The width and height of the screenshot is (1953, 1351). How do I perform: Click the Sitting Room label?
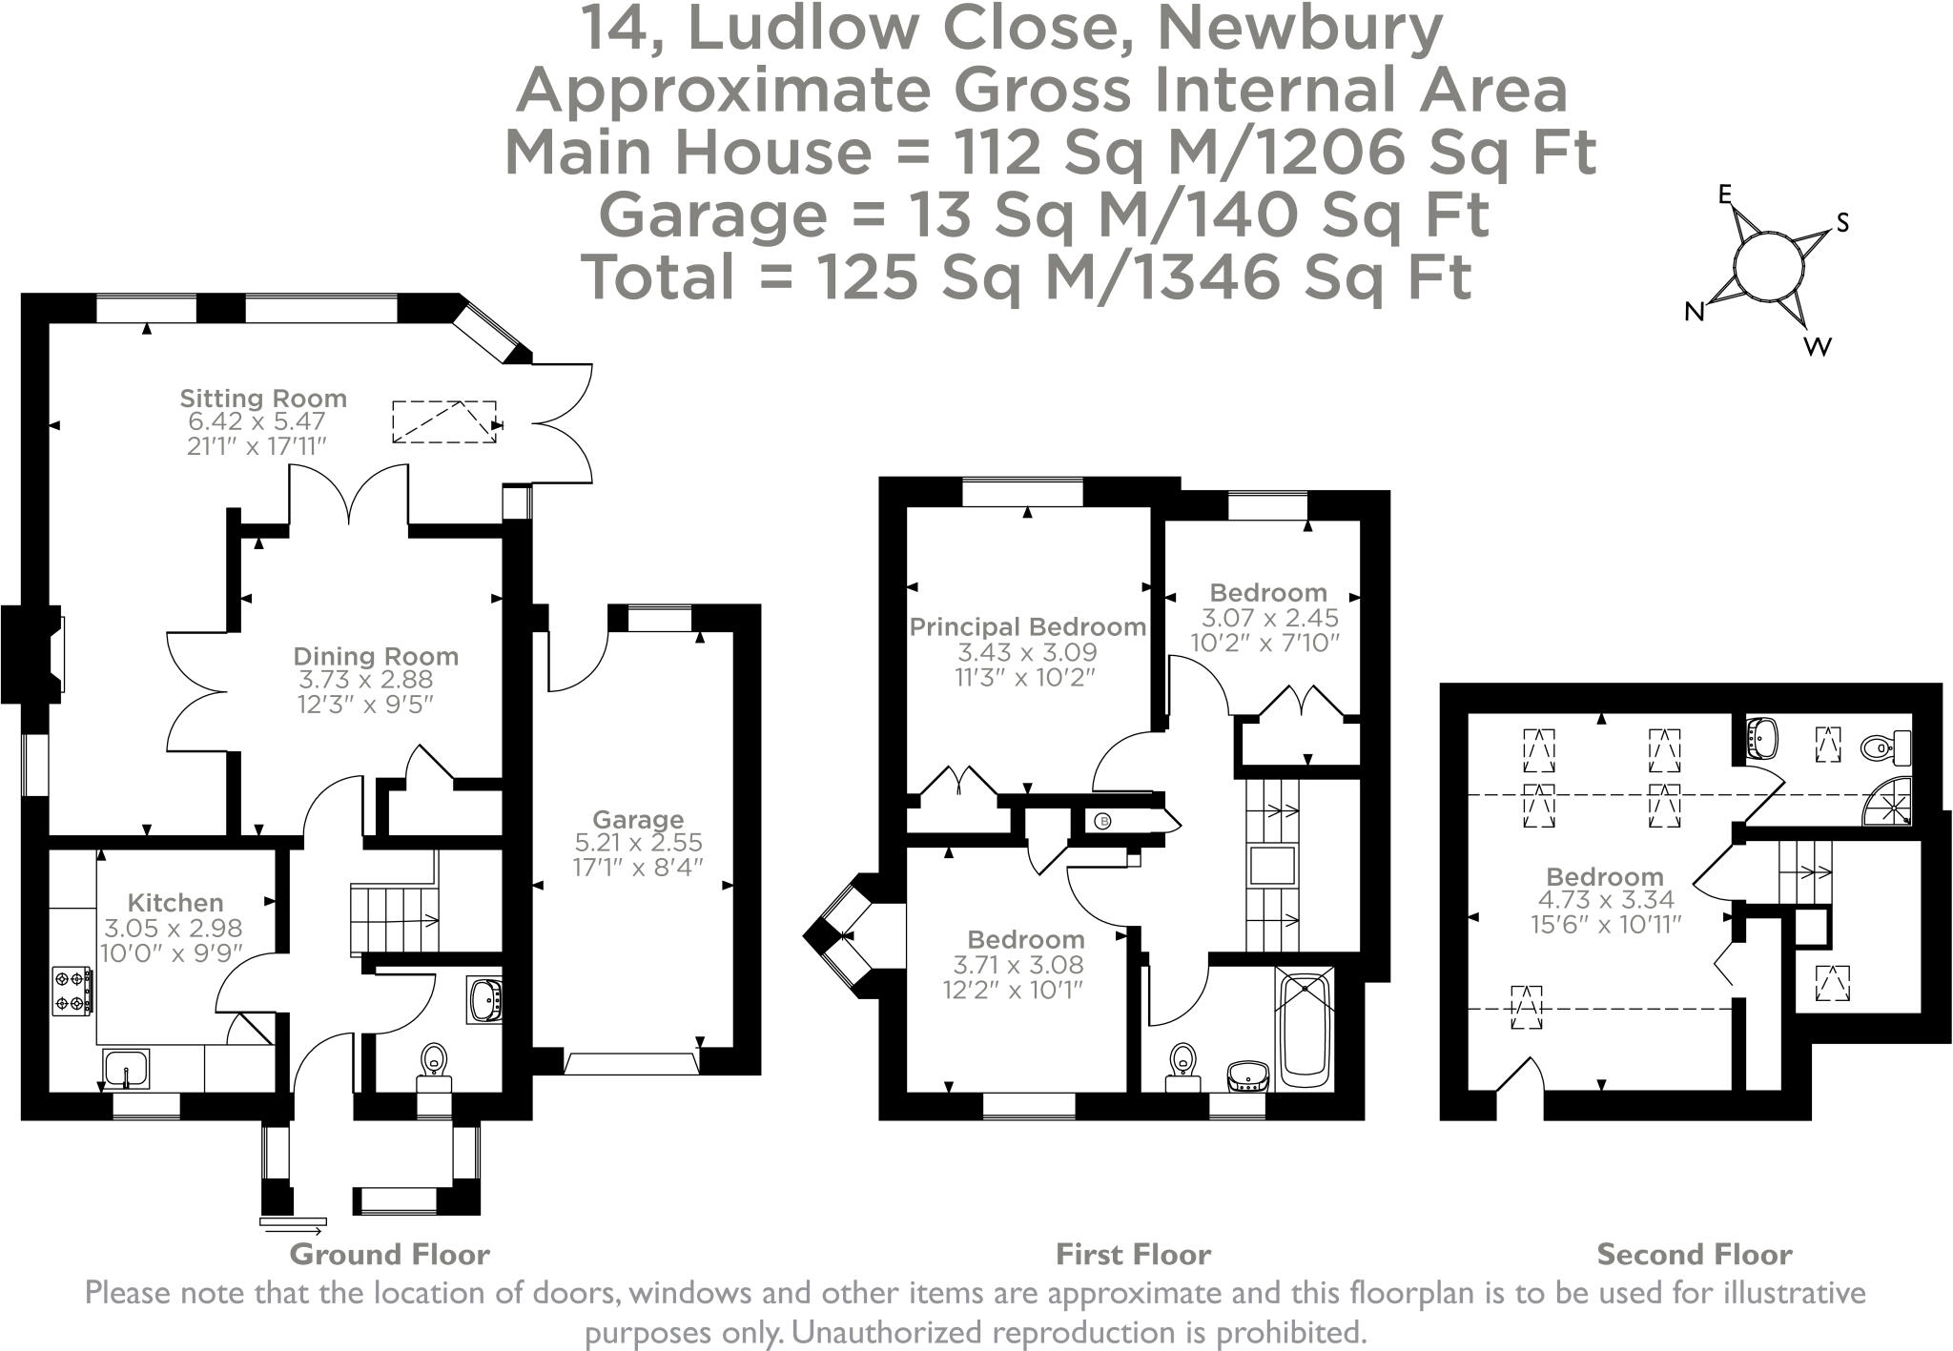263,399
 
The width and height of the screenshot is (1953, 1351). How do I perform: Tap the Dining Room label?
376,656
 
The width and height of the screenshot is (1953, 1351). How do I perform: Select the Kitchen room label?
175,902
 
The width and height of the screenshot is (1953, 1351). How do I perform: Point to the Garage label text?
638,819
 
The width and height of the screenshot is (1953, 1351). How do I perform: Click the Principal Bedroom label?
1028,627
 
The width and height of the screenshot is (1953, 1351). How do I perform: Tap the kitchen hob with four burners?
73,991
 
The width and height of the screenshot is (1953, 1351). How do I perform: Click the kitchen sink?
126,1069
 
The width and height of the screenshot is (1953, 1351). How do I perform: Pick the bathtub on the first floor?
1304,1030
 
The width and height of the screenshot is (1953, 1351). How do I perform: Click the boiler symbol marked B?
1103,821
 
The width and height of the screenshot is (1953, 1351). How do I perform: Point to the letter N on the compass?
1694,312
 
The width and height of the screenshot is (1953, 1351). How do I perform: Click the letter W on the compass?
1818,346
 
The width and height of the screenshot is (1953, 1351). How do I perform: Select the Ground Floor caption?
389,1254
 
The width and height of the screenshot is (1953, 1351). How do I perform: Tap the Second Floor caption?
1695,1254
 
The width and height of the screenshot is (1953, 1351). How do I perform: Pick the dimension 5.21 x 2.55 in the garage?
638,843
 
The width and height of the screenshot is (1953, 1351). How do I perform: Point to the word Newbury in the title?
1299,31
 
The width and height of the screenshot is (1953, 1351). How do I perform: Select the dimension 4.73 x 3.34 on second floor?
1606,900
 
